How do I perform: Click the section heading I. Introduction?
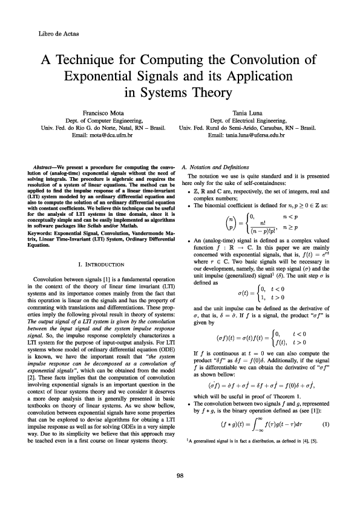pyautogui.click(x=102, y=264)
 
